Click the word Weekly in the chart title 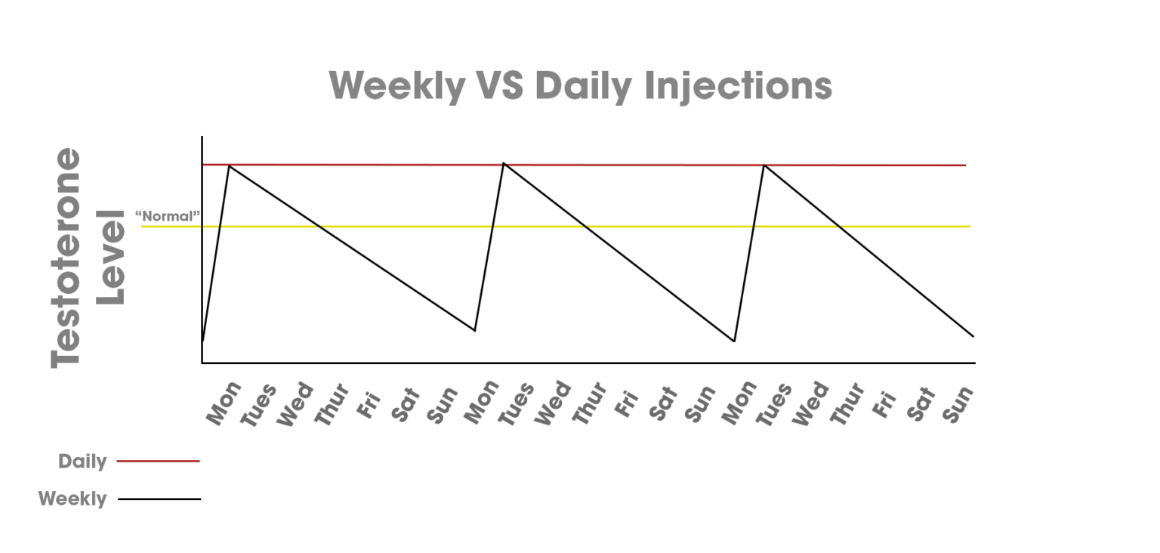397,86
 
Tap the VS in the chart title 501,86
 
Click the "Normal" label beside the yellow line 168,216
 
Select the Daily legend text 82,462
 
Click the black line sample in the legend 159,499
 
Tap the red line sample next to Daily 159,461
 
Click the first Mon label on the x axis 224,403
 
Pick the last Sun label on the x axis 958,404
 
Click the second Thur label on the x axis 589,405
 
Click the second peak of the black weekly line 504,163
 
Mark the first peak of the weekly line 230,165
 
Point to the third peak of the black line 764,165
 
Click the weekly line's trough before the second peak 474,330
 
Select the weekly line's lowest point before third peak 734,341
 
